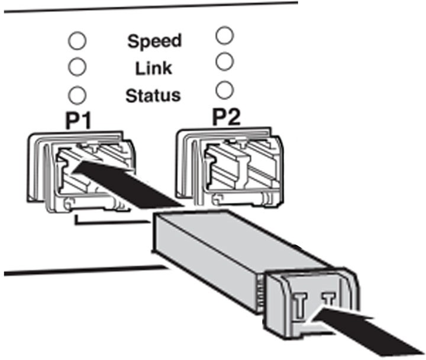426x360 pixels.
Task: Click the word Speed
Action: tap(154, 41)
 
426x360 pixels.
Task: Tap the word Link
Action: tap(153, 68)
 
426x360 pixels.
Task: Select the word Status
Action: tap(153, 95)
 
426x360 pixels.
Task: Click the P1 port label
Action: tap(78, 121)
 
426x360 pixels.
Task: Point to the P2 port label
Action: tap(226, 117)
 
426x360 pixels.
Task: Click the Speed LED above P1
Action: tap(77, 41)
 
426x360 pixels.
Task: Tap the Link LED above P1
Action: tap(77, 67)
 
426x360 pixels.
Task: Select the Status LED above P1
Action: tap(77, 95)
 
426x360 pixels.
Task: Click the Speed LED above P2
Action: tap(225, 35)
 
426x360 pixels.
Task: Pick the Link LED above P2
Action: tap(225, 62)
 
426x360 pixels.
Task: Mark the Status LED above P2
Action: tap(225, 90)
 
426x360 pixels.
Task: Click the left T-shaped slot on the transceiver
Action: tap(301, 305)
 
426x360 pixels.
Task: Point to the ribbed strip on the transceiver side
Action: tap(260, 294)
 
